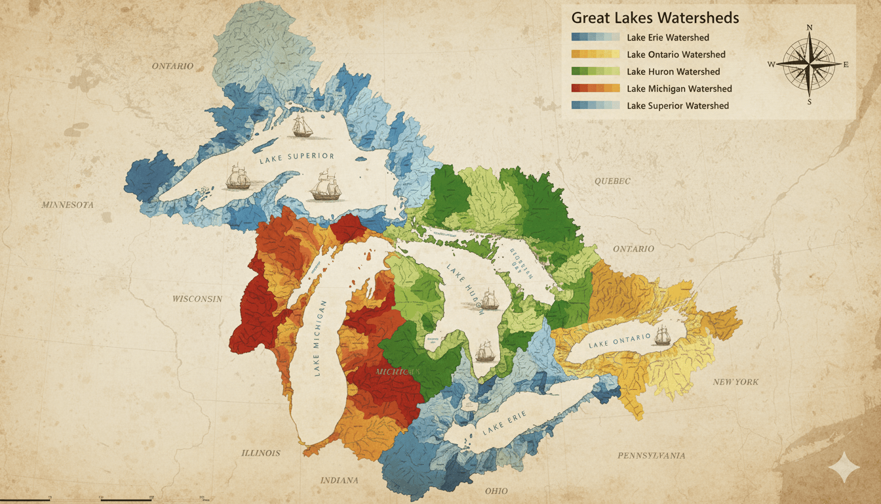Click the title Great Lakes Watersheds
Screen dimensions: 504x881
click(x=655, y=17)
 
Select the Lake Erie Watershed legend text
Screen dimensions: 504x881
click(x=667, y=37)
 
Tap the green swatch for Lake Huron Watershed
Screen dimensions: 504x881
click(x=595, y=72)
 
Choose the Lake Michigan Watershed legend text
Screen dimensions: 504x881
click(x=679, y=89)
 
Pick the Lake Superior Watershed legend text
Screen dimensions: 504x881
click(x=678, y=106)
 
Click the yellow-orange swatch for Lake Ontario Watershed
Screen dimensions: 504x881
click(x=595, y=54)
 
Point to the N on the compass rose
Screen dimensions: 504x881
click(x=810, y=27)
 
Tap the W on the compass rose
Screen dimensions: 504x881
click(x=771, y=64)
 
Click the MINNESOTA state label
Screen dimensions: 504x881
click(x=68, y=205)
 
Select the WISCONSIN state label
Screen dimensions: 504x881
click(x=197, y=299)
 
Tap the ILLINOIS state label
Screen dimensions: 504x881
click(x=260, y=453)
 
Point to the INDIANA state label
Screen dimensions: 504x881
click(x=339, y=480)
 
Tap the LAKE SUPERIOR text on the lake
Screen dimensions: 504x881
click(x=296, y=157)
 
